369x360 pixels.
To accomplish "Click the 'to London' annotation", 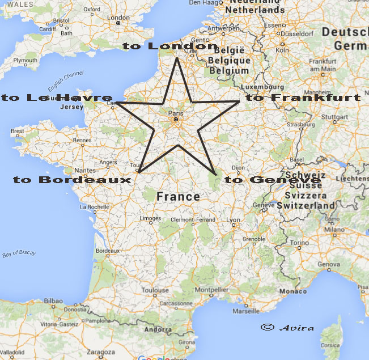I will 166,46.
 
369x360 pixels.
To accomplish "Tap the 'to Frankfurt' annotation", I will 303,98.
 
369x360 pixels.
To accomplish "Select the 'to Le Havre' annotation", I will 57,98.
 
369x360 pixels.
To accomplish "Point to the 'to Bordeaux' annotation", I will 72,180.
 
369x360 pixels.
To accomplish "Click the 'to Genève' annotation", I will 273,180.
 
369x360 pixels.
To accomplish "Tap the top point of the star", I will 177,58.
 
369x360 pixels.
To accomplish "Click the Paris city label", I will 176,112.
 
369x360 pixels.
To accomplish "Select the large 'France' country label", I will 178,197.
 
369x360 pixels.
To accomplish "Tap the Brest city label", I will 18,131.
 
